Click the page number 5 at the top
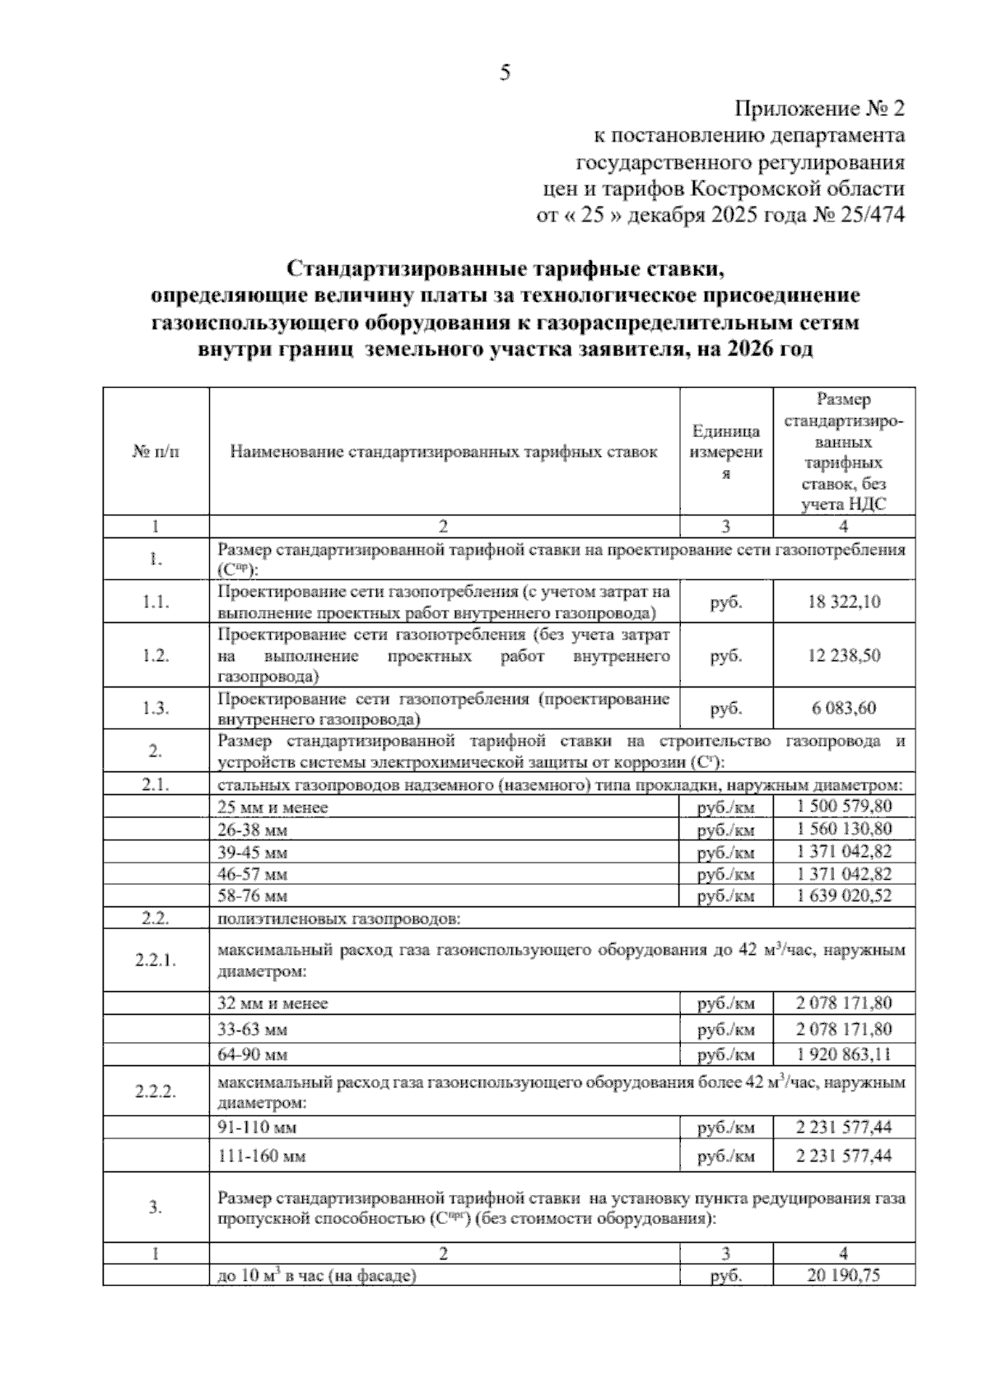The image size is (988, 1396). pyautogui.click(x=505, y=74)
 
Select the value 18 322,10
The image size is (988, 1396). pyautogui.click(x=844, y=603)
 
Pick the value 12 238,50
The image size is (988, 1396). pyautogui.click(x=844, y=656)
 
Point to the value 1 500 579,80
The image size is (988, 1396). pyautogui.click(x=844, y=807)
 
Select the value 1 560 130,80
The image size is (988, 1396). pyautogui.click(x=844, y=829)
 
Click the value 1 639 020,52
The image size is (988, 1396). pyautogui.click(x=844, y=896)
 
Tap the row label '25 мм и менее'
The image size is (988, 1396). pyautogui.click(x=273, y=807)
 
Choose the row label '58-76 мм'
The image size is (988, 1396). pyautogui.click(x=253, y=896)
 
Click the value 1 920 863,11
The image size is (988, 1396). pyautogui.click(x=844, y=1054)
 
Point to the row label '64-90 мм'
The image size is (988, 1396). pyautogui.click(x=253, y=1054)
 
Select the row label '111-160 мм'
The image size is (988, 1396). pyautogui.click(x=261, y=1156)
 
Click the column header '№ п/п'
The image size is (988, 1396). pyautogui.click(x=156, y=452)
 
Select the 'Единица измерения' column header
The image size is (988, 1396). pyautogui.click(x=726, y=452)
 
